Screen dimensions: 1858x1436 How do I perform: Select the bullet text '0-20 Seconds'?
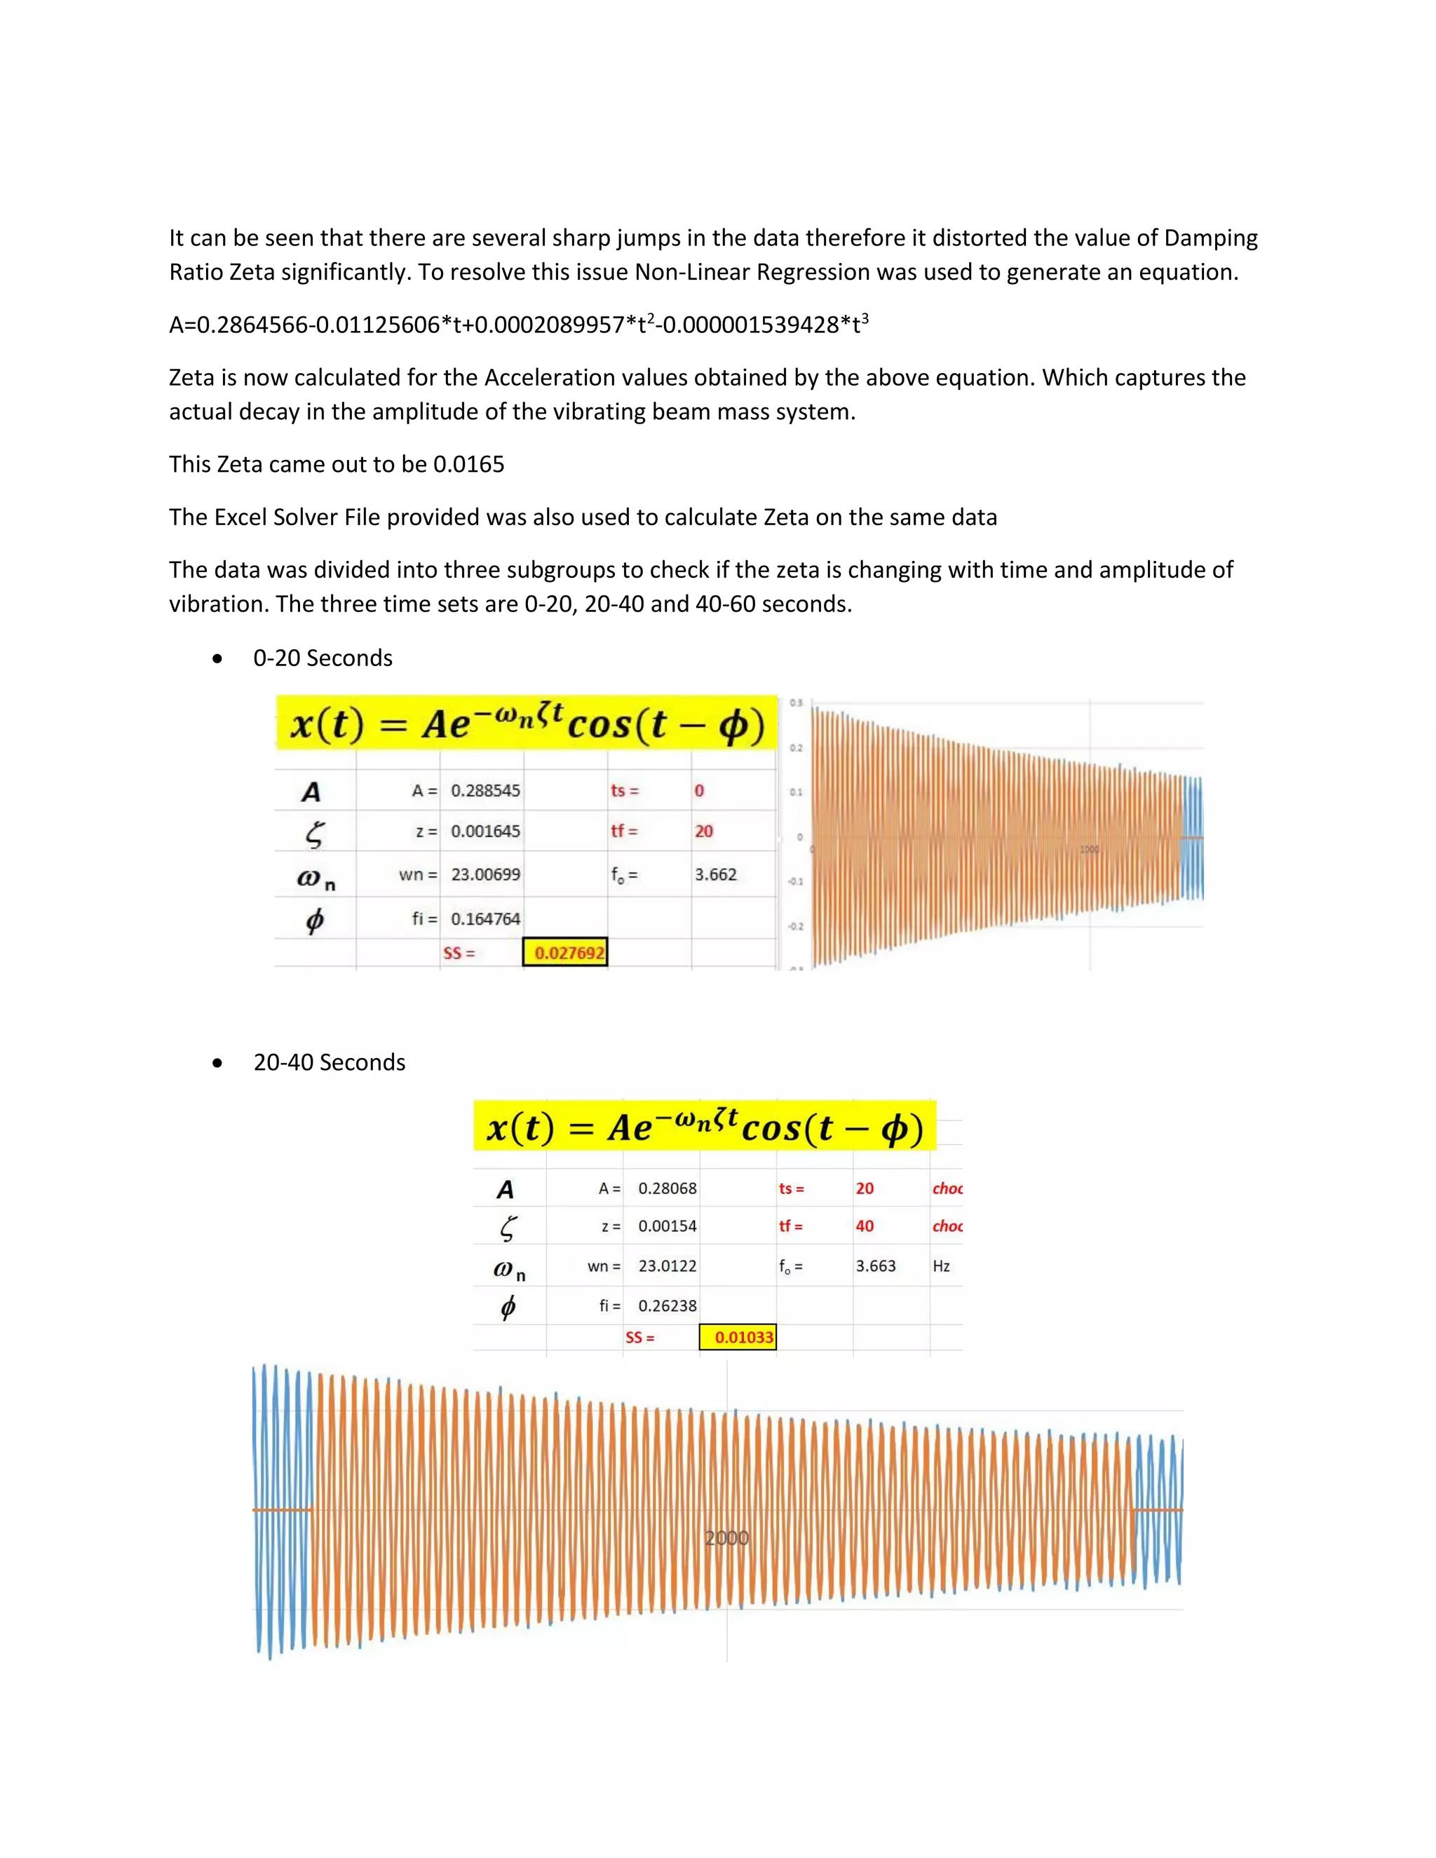pos(323,658)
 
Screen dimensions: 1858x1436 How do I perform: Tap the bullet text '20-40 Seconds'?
pos(330,1062)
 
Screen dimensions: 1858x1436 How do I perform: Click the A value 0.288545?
pos(485,790)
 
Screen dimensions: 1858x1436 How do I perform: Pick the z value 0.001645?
pos(485,831)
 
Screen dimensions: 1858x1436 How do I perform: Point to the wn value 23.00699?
pos(485,874)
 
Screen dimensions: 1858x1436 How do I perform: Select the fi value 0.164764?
pos(485,918)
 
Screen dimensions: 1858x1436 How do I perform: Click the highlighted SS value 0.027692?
pos(568,953)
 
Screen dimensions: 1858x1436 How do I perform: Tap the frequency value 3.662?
pos(715,874)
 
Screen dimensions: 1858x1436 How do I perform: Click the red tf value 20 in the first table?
pos(703,831)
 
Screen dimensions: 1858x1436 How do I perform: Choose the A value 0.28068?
pos(667,1188)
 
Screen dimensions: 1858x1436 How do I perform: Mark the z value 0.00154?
pos(667,1226)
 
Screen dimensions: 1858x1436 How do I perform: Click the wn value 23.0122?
pos(667,1266)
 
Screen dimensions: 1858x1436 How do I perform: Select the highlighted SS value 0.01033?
pos(743,1337)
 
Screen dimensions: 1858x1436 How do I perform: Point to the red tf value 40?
pos(865,1226)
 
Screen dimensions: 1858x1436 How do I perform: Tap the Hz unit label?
pos(941,1266)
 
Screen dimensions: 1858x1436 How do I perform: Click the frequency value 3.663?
pos(875,1266)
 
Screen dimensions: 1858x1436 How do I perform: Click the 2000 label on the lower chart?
pos(726,1538)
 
